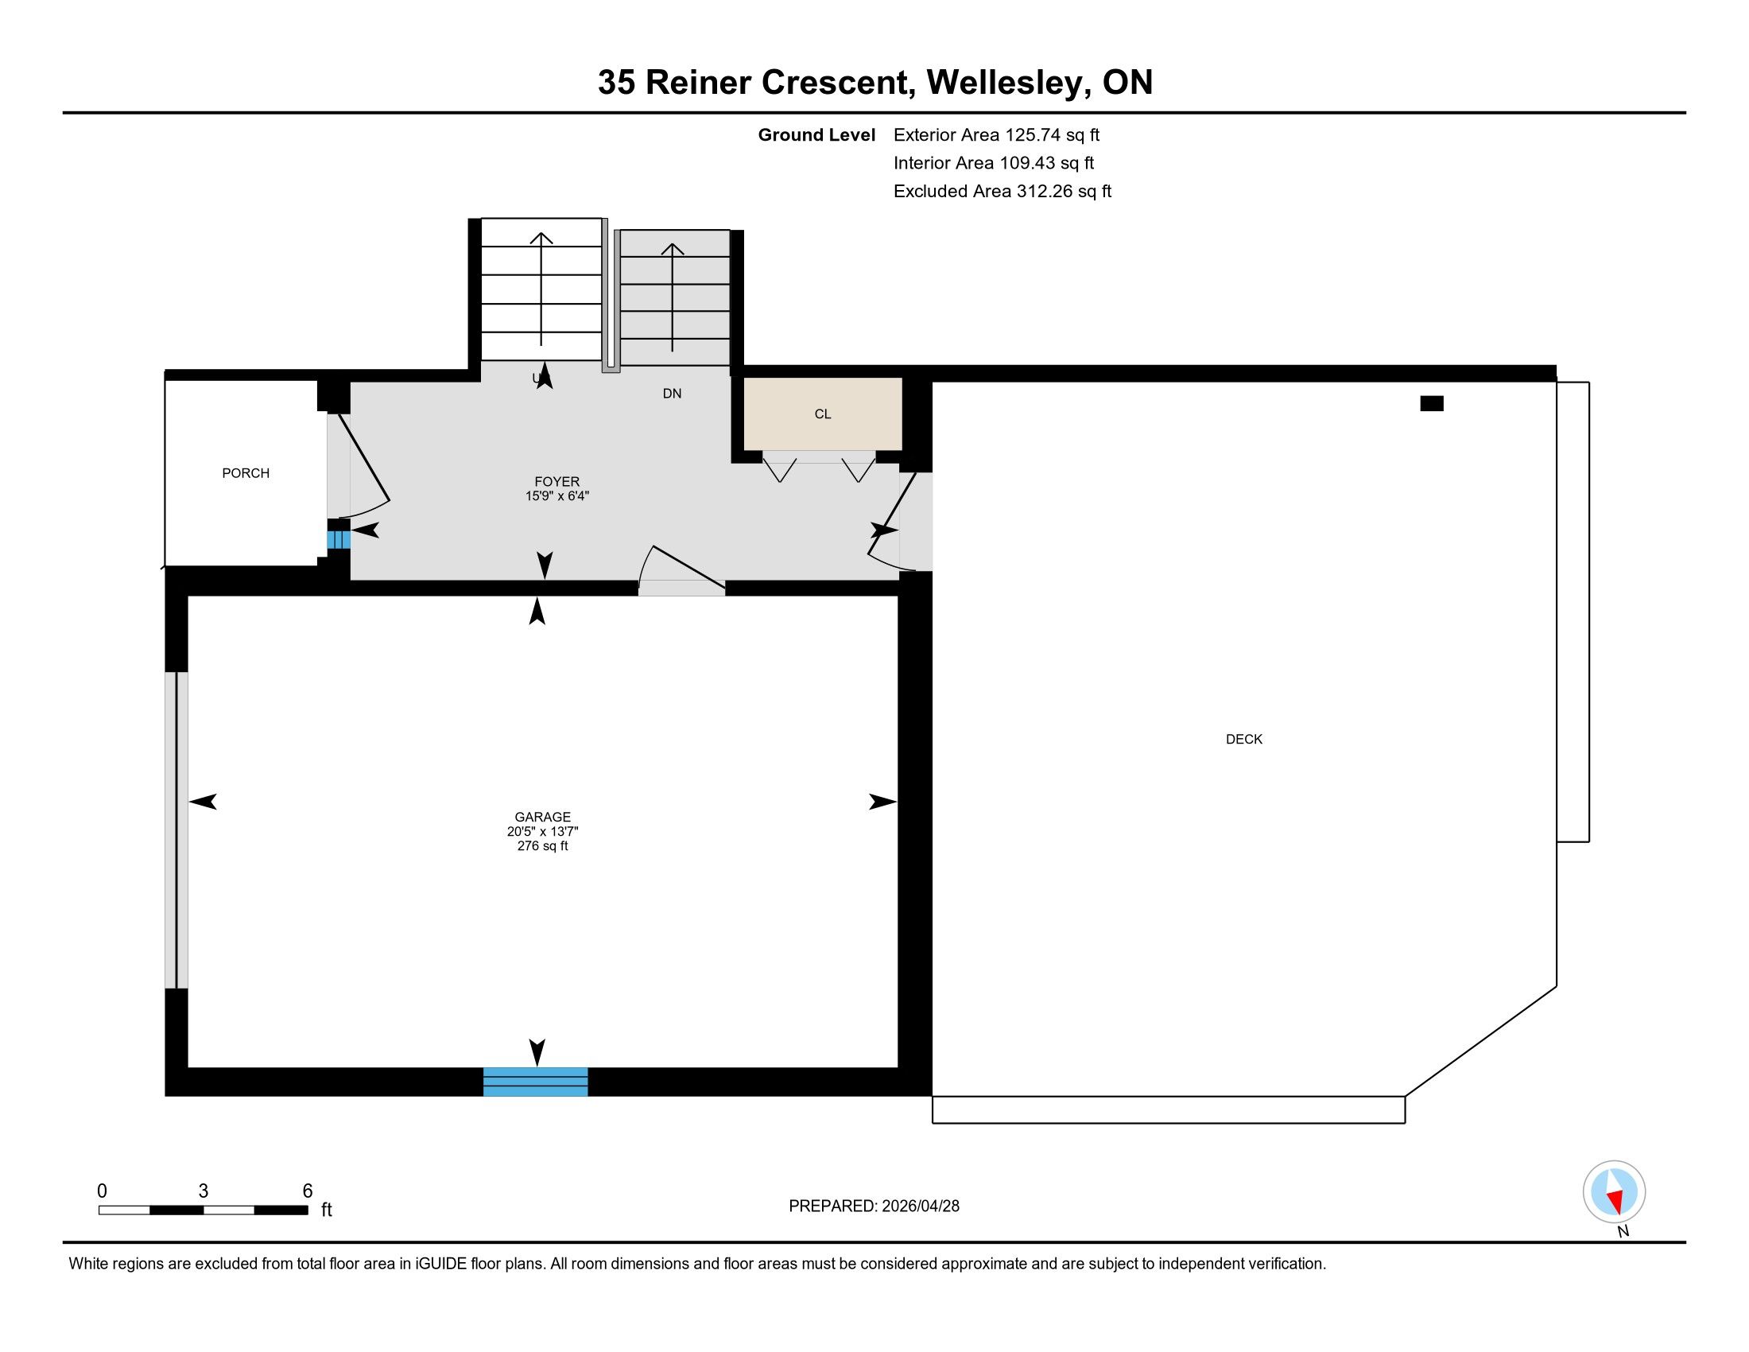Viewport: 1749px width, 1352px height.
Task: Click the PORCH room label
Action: [245, 473]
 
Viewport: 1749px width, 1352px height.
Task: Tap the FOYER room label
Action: [556, 481]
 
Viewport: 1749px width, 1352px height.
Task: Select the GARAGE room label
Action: [542, 817]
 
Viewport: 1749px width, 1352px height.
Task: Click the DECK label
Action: [1243, 740]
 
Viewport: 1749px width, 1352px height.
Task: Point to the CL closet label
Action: [823, 414]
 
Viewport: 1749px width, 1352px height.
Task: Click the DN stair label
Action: [672, 393]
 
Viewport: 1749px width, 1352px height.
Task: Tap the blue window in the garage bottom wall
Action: [535, 1082]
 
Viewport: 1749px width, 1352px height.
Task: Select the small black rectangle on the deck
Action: [1431, 404]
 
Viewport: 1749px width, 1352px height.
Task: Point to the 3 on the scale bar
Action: [204, 1191]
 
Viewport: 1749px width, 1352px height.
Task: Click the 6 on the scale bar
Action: [308, 1191]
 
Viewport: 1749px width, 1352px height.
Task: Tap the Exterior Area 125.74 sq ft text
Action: [996, 135]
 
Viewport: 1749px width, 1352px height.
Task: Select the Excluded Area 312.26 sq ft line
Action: [1002, 192]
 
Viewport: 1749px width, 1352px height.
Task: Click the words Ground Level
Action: [816, 135]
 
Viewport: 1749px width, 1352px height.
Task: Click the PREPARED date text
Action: [874, 1206]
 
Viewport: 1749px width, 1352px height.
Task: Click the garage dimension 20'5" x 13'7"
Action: [542, 831]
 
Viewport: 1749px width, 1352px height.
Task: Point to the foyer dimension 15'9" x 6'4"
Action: [556, 495]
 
